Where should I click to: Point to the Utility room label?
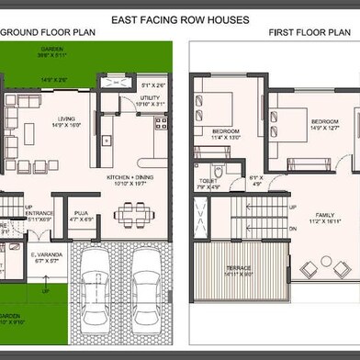150,96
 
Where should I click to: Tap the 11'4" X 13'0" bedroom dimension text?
226,138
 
